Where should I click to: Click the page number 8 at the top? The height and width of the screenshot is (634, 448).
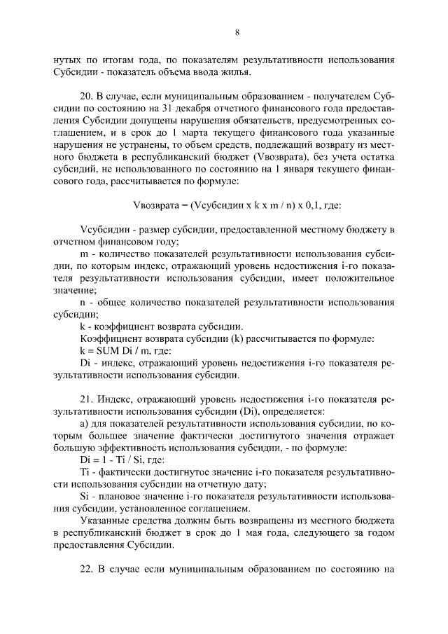point(237,32)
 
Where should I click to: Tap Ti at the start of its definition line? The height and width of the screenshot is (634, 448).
point(85,474)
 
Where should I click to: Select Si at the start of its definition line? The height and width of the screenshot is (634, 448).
point(85,497)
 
